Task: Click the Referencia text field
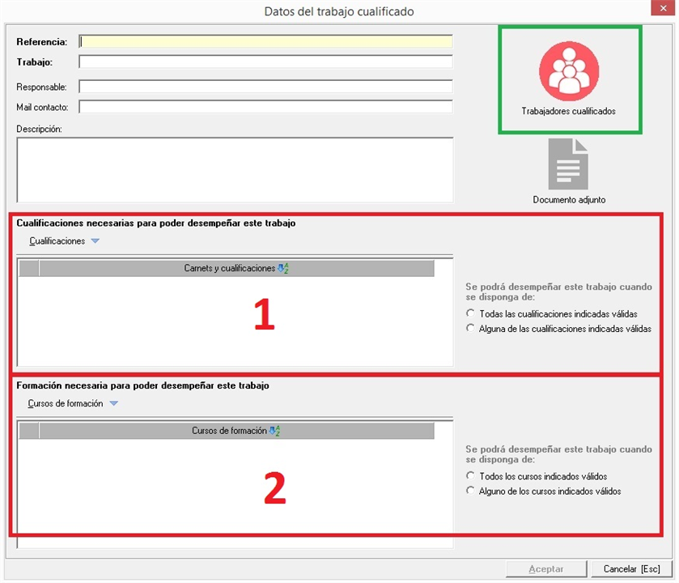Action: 266,41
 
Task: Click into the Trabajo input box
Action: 266,62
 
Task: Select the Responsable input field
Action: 266,86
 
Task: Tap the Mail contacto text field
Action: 266,107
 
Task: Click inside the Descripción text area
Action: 236,170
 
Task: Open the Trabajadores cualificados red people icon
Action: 569,71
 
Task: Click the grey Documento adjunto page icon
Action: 568,164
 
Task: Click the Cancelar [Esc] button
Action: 632,568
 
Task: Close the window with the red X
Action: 663,8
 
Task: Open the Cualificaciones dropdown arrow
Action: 95,240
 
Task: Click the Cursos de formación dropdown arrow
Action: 114,403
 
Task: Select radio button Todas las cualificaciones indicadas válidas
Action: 470,313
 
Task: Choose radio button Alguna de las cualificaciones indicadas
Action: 470,328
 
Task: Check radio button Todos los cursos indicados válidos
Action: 470,475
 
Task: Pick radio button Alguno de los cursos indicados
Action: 470,491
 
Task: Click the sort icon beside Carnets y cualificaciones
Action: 283,268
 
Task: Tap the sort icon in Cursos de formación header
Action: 274,431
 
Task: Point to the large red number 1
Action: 264,314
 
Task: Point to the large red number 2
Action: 275,487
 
